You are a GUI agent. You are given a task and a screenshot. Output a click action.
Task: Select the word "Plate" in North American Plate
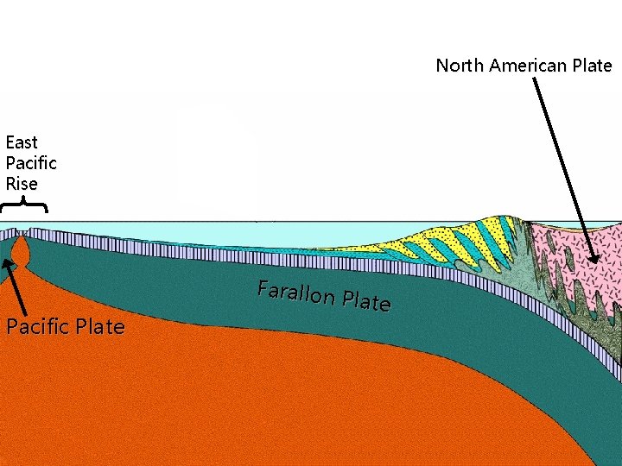pyautogui.click(x=592, y=66)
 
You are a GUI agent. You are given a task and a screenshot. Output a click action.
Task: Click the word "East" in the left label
pyautogui.click(x=22, y=142)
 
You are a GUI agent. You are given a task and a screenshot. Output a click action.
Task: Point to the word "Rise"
pyautogui.click(x=22, y=184)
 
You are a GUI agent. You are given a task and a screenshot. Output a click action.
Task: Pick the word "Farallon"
pyautogui.click(x=296, y=293)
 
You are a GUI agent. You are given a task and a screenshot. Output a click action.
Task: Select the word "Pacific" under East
pyautogui.click(x=31, y=163)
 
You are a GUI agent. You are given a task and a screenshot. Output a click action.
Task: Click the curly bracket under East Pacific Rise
pyautogui.click(x=23, y=205)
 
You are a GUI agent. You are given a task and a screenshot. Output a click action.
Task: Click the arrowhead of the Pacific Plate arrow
pyautogui.click(x=7, y=266)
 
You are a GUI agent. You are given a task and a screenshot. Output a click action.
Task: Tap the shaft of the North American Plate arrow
pyautogui.click(x=562, y=164)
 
